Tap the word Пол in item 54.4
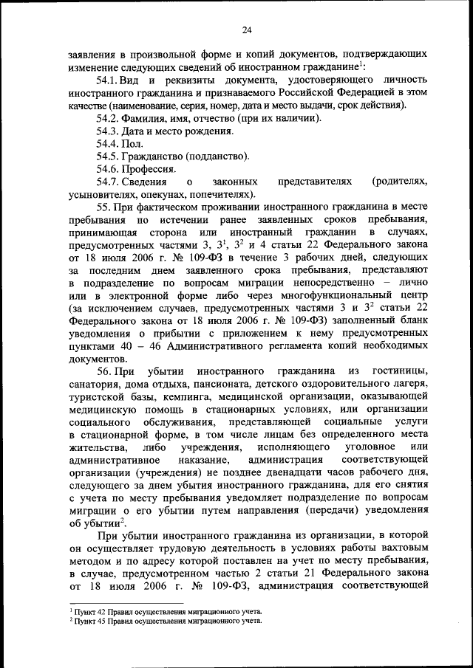pyautogui.click(x=135, y=144)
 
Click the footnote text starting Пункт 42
pyautogui.click(x=166, y=613)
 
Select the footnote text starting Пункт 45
pyautogui.click(x=166, y=622)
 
